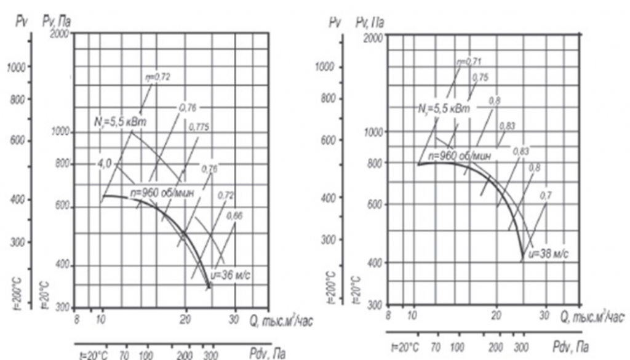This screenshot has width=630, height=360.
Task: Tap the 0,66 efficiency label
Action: point(234,215)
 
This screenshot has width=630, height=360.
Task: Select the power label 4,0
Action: point(104,166)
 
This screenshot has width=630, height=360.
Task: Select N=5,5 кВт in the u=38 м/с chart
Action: point(441,109)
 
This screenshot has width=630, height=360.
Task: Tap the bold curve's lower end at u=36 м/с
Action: point(209,287)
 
